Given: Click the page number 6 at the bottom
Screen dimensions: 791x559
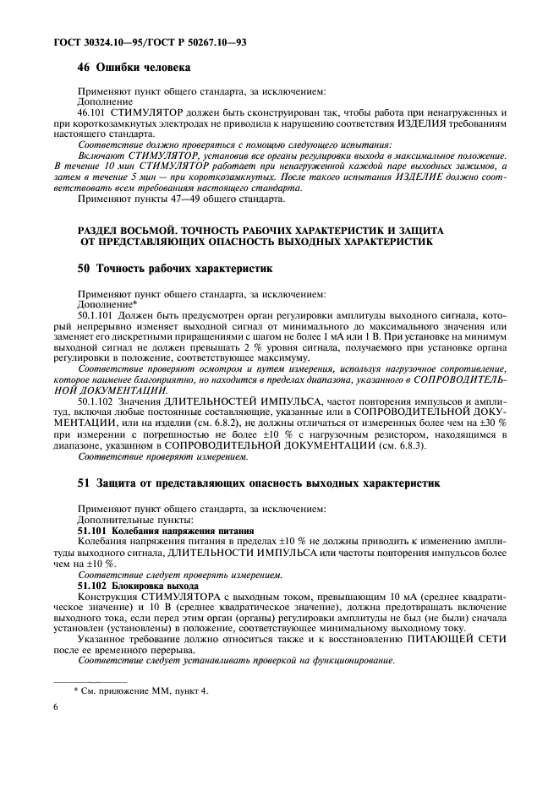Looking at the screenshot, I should (x=57, y=712).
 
